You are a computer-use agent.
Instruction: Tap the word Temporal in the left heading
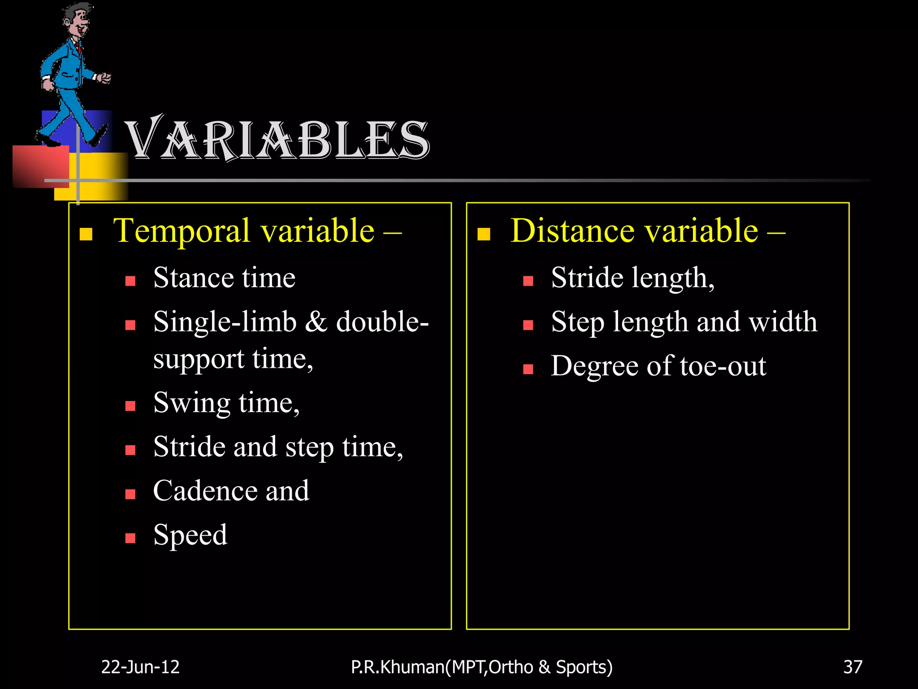pos(182,231)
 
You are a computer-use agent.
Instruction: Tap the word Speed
pos(191,535)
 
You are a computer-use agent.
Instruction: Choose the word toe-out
pos(723,366)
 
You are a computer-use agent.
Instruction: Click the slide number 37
pos(853,667)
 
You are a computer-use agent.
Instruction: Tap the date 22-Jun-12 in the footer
pos(140,667)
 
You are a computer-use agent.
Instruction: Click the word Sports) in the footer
pos(584,667)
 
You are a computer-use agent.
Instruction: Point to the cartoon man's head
pos(77,20)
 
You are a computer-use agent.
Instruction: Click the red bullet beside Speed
pos(130,538)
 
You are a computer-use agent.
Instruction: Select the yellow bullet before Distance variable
pos(484,234)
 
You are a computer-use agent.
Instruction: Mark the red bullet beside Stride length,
pos(528,281)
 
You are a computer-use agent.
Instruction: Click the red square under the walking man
pos(40,166)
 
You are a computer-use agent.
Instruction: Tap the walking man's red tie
pos(79,47)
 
